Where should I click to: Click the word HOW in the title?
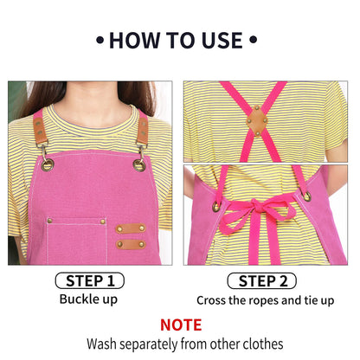tap(135, 40)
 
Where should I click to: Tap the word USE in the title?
tap(222, 40)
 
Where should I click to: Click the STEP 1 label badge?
tap(90, 280)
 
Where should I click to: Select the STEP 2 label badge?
tap(262, 281)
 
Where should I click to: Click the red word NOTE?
tap(181, 325)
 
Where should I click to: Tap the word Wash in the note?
tap(102, 344)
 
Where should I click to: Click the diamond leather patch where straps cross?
tap(257, 120)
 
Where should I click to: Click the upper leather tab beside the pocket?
tap(131, 228)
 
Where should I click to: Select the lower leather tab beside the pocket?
tap(131, 245)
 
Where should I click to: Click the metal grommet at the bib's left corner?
tap(48, 165)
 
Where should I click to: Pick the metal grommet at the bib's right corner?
tap(139, 165)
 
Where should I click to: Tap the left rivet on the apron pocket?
tap(49, 221)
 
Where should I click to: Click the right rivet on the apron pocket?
tap(102, 222)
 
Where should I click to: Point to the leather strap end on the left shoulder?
tap(40, 131)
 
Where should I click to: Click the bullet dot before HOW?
tap(100, 40)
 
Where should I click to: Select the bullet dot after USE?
tap(253, 40)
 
